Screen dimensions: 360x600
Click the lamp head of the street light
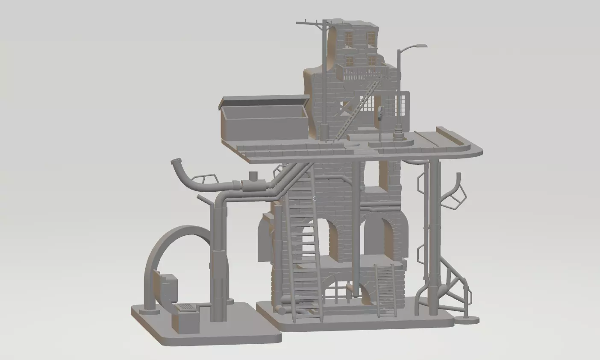pos(421,46)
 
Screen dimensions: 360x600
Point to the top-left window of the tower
pos(349,39)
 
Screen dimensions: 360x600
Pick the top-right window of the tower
pos(372,39)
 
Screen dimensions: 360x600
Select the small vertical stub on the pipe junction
pos(253,176)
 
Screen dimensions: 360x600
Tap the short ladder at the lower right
pos(386,290)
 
